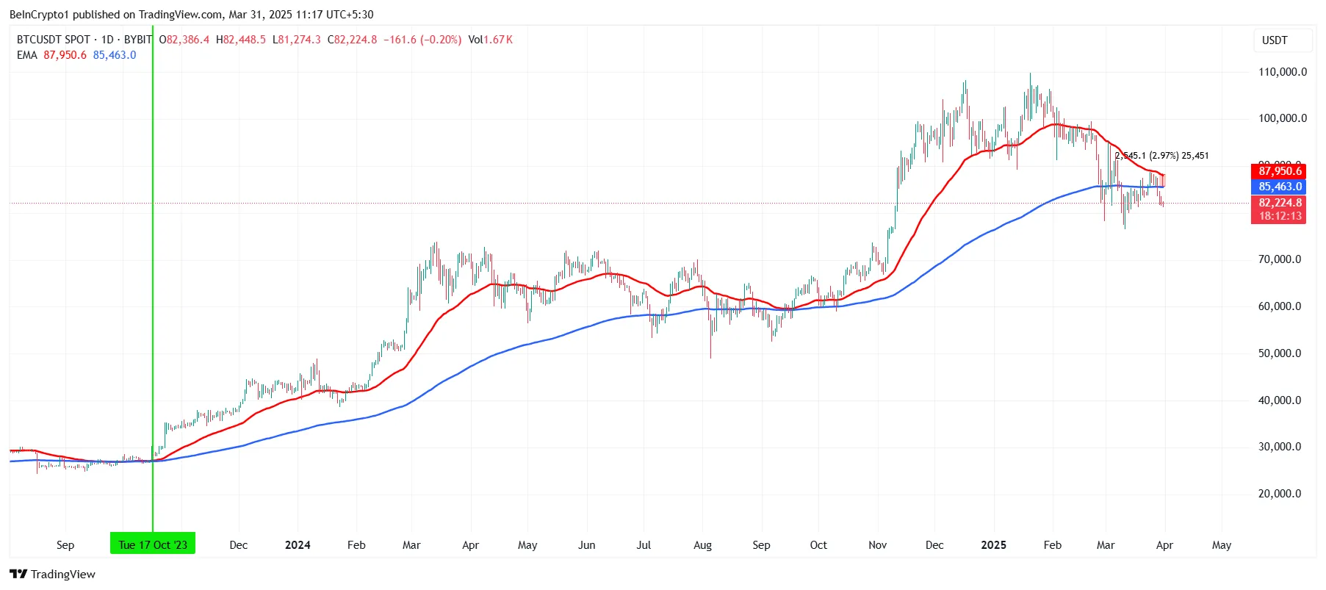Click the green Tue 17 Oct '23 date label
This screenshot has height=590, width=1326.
tap(153, 544)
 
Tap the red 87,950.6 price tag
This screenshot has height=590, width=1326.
tap(1279, 171)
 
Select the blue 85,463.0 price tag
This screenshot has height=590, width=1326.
tap(1279, 187)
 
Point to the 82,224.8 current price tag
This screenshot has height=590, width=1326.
tap(1279, 203)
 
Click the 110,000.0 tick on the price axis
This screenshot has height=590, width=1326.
tap(1282, 72)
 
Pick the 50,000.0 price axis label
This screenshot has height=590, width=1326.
tap(1279, 353)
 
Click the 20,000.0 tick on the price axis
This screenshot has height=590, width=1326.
tap(1279, 494)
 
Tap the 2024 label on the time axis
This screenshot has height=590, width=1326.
tap(298, 545)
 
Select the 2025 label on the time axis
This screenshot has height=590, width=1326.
tap(993, 545)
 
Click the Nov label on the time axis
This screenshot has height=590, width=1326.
tap(877, 545)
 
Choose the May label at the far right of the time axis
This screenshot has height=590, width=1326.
tap(1221, 545)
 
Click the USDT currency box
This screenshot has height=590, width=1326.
tap(1275, 40)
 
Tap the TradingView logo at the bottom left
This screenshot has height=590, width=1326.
tap(53, 574)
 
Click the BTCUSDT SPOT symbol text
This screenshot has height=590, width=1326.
tap(54, 40)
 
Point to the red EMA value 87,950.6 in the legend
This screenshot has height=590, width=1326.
tap(65, 55)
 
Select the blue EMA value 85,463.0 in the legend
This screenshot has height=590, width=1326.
tap(115, 55)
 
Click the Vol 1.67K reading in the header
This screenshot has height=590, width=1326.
tap(490, 40)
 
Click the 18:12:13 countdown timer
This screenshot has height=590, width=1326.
tap(1279, 216)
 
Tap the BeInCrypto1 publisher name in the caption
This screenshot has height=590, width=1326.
tap(39, 15)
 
